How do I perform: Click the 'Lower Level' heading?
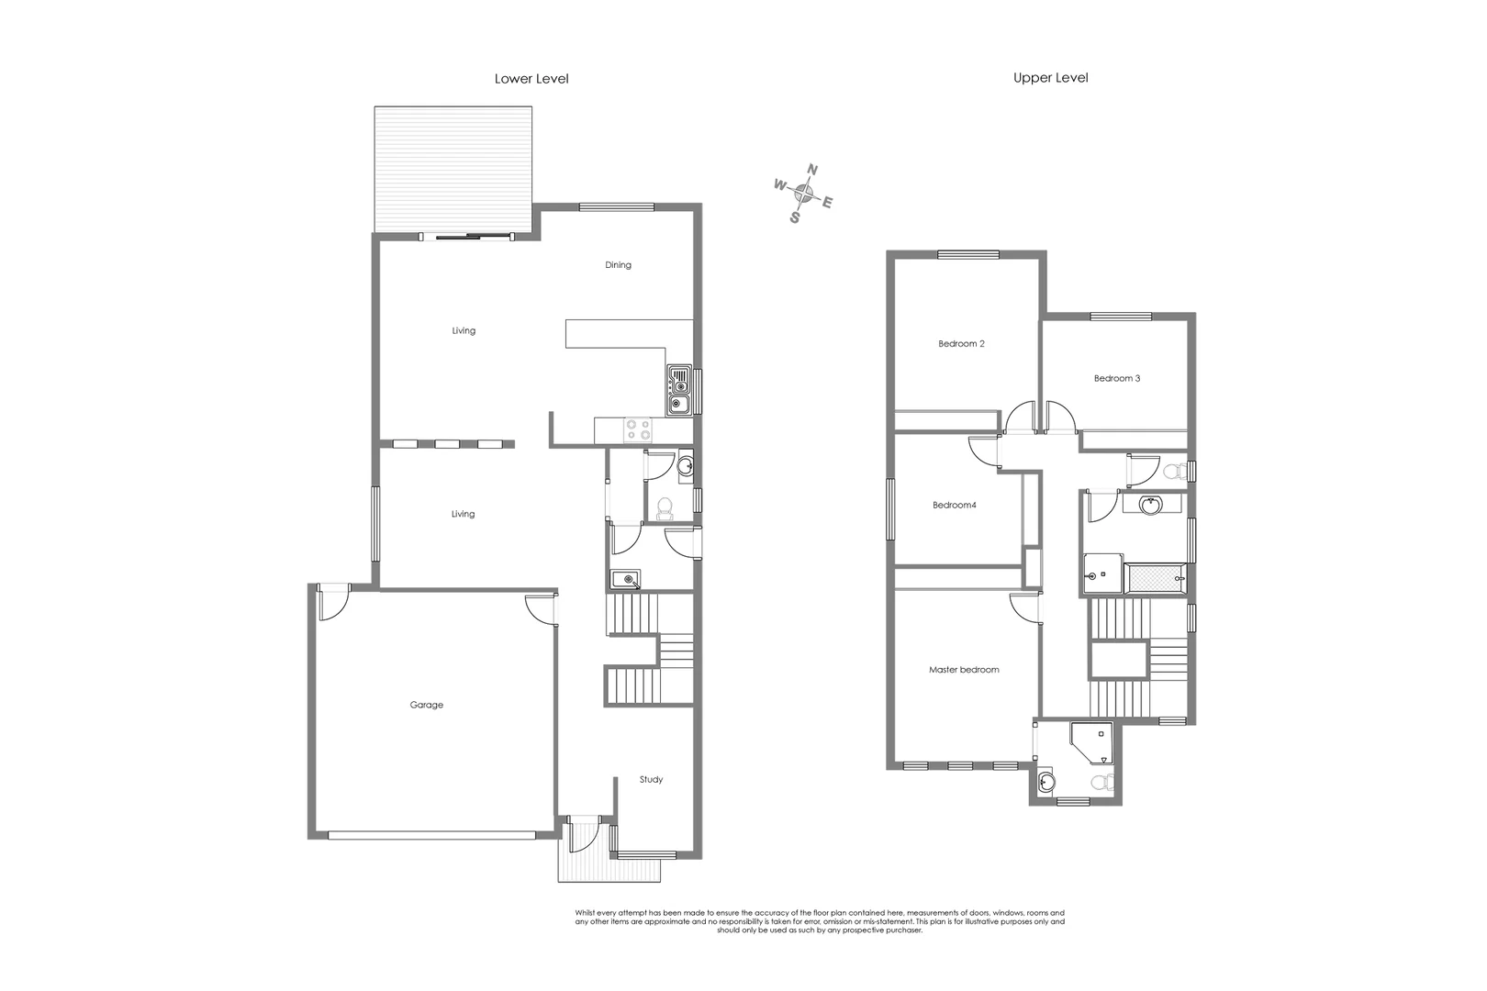tap(531, 79)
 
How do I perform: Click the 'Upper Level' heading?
tap(1050, 78)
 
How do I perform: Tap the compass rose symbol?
tap(804, 193)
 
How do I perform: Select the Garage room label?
tap(426, 705)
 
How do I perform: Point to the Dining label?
tap(618, 265)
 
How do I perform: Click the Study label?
tap(651, 780)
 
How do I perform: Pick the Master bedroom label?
tap(964, 670)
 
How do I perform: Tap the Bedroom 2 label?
tap(961, 344)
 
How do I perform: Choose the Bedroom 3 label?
tap(1116, 378)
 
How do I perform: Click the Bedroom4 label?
tap(954, 505)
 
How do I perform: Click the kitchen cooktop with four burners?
tap(637, 429)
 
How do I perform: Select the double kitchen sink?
tap(679, 390)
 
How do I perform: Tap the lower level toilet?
tap(665, 507)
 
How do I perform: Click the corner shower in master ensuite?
tap(1092, 742)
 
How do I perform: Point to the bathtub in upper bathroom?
tap(1157, 579)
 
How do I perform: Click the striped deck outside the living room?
tap(453, 170)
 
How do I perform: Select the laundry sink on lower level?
tap(625, 579)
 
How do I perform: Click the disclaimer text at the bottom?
tap(819, 921)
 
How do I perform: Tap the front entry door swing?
tap(582, 835)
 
